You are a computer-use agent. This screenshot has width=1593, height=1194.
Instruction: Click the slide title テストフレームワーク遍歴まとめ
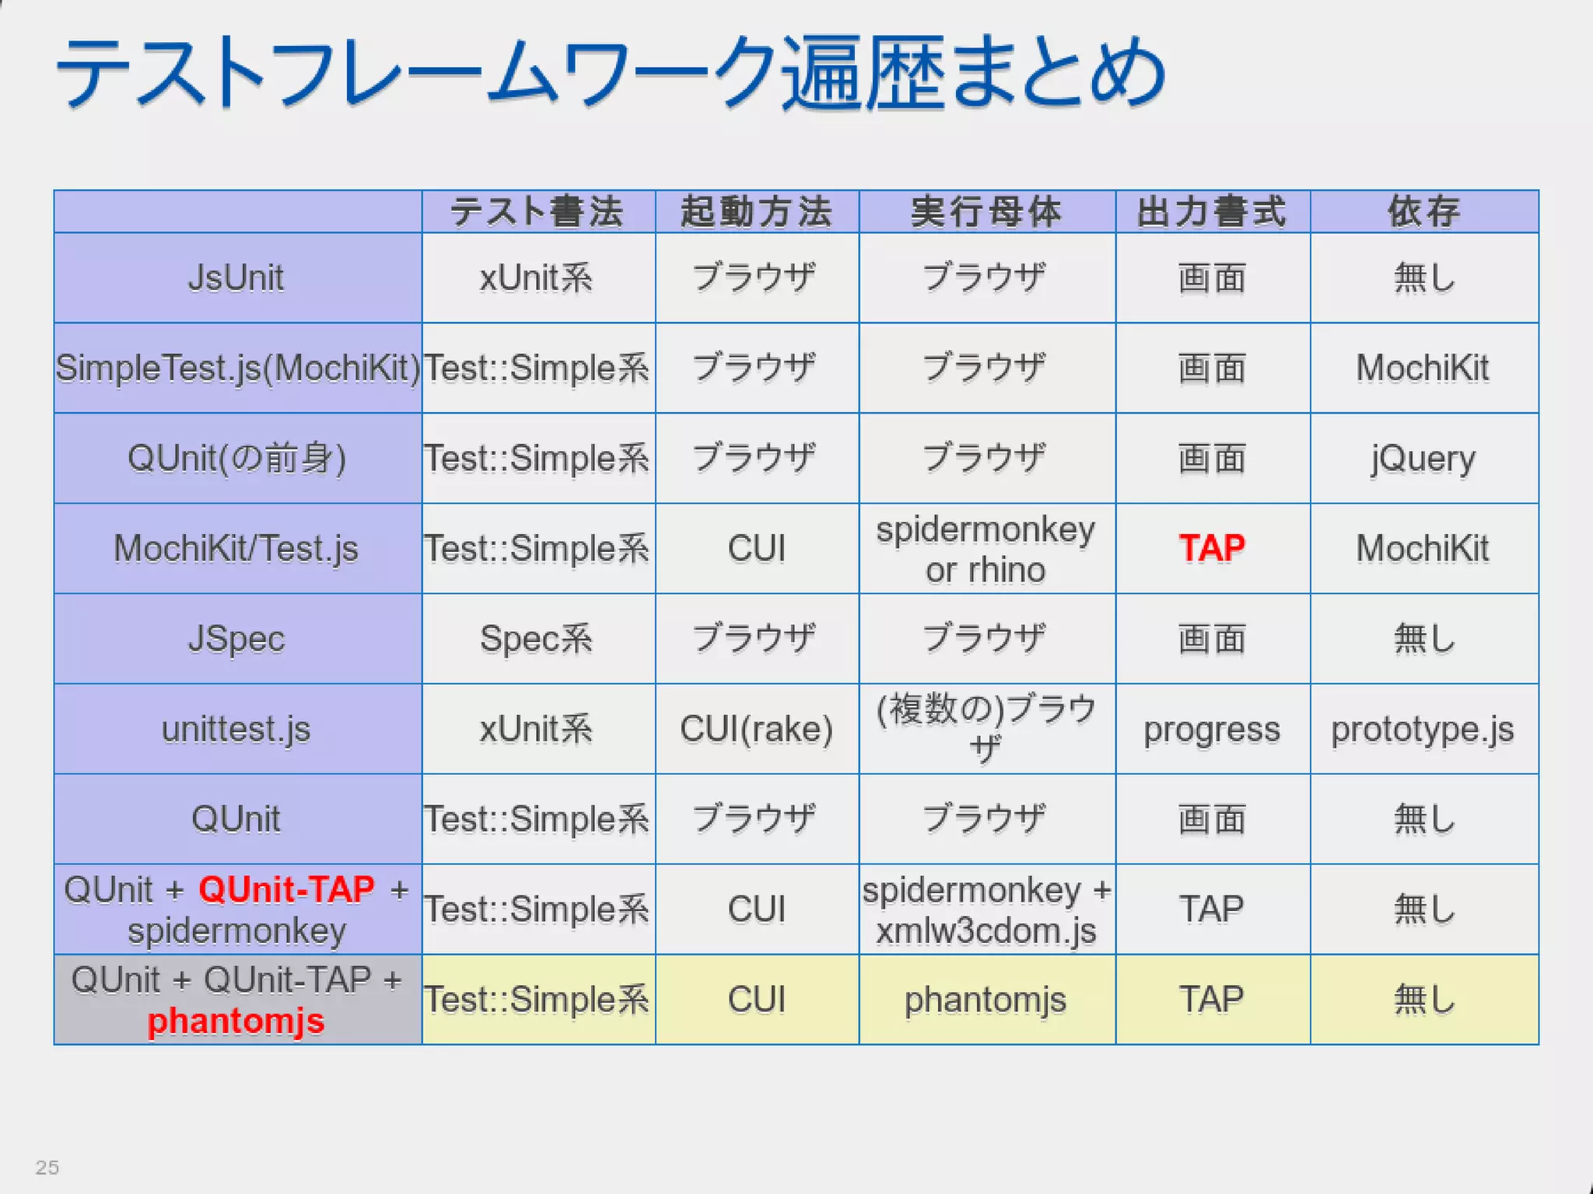click(611, 74)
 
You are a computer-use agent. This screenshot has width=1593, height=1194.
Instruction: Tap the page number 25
click(47, 1167)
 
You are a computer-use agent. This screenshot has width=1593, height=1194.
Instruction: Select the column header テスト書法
click(537, 211)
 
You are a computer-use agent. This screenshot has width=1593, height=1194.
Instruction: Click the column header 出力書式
click(1212, 211)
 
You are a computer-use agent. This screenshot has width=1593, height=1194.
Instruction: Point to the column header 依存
click(1423, 211)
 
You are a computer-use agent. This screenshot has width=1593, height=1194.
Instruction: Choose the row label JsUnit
click(236, 278)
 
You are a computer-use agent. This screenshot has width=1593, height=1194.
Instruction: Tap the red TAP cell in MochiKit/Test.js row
click(1212, 548)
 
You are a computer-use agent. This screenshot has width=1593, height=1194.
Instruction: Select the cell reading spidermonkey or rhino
click(986, 549)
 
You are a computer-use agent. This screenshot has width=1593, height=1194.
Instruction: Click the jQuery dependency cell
click(1423, 458)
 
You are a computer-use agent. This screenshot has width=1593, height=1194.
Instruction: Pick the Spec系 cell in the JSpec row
click(537, 638)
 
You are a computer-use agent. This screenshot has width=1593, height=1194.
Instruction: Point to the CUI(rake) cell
click(756, 728)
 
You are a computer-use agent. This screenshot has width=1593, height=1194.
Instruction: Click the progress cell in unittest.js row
click(1211, 729)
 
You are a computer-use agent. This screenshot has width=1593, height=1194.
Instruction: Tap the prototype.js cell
click(1423, 729)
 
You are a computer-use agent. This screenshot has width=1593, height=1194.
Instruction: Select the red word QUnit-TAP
click(287, 889)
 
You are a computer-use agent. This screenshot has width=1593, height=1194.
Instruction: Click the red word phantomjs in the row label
click(236, 1021)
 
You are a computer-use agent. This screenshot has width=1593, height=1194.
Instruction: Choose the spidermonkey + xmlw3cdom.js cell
click(986, 909)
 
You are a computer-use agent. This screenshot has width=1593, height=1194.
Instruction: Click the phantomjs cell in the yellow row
click(985, 1000)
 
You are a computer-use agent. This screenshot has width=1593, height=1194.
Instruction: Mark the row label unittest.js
click(236, 729)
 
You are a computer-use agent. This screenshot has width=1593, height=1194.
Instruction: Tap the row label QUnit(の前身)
click(236, 458)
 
